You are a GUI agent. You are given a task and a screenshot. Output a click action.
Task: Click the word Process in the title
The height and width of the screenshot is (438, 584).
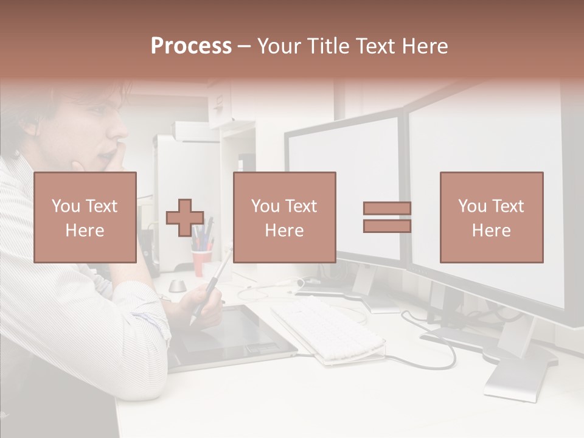pos(191,46)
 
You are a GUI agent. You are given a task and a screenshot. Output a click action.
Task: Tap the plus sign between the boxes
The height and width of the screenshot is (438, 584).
pos(185,217)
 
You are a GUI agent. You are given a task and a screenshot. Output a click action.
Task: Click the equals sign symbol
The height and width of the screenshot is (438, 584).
pos(387,217)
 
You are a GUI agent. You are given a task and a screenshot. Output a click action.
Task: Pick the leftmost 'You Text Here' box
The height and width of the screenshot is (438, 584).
pos(85,217)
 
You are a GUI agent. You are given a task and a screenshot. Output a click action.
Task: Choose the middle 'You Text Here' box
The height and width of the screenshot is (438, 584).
pos(284,217)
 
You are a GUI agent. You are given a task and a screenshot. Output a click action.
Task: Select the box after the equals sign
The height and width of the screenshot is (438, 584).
pos(491,217)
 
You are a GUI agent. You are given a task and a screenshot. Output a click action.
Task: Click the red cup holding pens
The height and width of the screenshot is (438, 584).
pos(201,262)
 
